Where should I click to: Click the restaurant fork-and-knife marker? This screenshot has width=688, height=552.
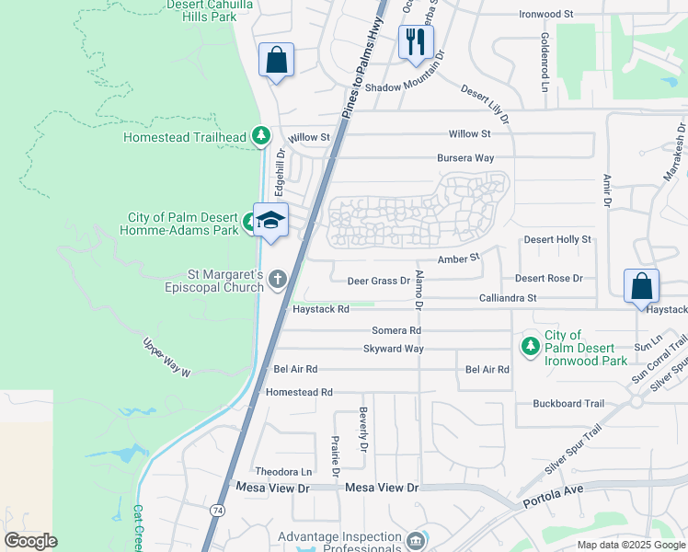coord(416,41)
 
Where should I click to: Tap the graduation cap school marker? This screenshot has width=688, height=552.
coord(270,220)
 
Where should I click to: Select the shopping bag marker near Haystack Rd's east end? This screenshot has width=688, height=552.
coord(641,286)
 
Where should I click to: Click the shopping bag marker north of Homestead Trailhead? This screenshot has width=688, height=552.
coord(276,61)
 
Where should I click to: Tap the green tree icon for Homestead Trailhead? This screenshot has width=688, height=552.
coord(261,137)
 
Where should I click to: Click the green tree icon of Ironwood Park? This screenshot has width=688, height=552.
coord(530,345)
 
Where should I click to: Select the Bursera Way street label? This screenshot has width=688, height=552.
coord(465,158)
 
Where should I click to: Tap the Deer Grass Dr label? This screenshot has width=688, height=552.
coord(378,281)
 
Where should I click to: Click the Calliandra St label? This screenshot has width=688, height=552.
coord(507,298)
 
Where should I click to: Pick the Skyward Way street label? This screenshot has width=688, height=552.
coord(394,350)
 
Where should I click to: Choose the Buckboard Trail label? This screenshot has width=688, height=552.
coord(568,404)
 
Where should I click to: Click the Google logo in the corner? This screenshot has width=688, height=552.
coord(30,541)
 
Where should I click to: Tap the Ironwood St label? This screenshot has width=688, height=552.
coord(545,15)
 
